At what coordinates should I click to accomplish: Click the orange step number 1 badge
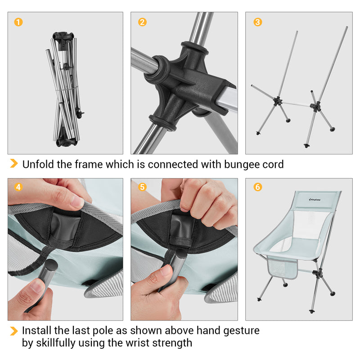[18, 22]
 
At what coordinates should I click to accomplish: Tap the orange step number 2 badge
[142, 22]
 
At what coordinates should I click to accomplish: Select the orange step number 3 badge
[257, 22]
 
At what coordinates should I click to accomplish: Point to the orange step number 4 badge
[18, 187]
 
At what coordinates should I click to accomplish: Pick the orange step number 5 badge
[142, 187]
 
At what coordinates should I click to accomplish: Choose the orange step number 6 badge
[257, 187]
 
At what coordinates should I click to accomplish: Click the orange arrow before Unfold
[14, 164]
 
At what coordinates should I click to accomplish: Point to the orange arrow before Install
[14, 331]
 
